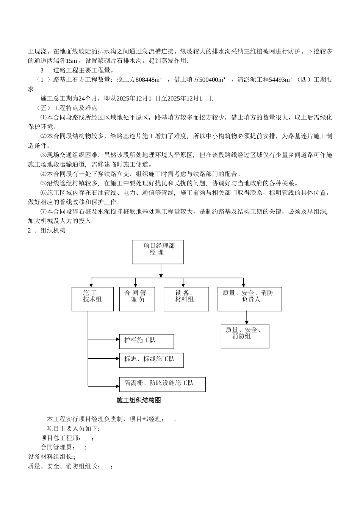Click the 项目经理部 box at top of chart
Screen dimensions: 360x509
(158, 251)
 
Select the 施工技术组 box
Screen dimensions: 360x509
(92, 299)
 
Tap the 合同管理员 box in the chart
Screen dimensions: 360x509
(137, 299)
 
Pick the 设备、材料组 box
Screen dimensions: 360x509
(186, 299)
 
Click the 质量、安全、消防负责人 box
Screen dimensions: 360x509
(249, 299)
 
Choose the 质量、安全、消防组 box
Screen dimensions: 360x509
(245, 336)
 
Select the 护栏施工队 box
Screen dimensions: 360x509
(146, 341)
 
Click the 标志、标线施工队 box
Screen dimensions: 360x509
(151, 360)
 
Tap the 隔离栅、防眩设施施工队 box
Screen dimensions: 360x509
(162, 384)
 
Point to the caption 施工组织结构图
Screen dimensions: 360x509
(139, 400)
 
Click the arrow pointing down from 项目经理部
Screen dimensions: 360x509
(161, 271)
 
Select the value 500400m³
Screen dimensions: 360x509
(206, 80)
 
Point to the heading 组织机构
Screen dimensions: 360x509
(53, 230)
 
